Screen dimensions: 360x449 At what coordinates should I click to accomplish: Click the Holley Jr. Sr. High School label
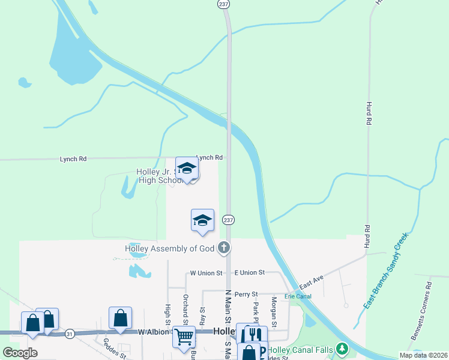tap(157, 176)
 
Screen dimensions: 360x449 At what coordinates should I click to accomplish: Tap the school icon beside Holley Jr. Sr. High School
tap(187, 169)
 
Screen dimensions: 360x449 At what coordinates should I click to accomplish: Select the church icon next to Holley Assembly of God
tap(223, 247)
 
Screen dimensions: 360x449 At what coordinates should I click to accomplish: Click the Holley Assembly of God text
tap(169, 248)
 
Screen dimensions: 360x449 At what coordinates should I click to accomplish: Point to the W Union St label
tap(206, 273)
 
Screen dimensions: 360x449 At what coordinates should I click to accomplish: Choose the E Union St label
tap(249, 273)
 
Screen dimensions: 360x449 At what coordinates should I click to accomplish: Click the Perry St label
tap(246, 294)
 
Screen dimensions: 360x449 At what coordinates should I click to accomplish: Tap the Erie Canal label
tap(298, 296)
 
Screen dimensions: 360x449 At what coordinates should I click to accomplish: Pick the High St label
tap(167, 311)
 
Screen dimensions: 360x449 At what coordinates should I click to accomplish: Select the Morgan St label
tap(274, 313)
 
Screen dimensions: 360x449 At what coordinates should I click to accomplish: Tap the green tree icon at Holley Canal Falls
tap(342, 348)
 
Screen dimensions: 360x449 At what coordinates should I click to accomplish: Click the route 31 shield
tap(70, 334)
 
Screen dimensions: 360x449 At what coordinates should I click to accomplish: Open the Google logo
tap(20, 353)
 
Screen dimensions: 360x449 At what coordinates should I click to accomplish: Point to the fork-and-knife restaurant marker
tap(256, 335)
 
